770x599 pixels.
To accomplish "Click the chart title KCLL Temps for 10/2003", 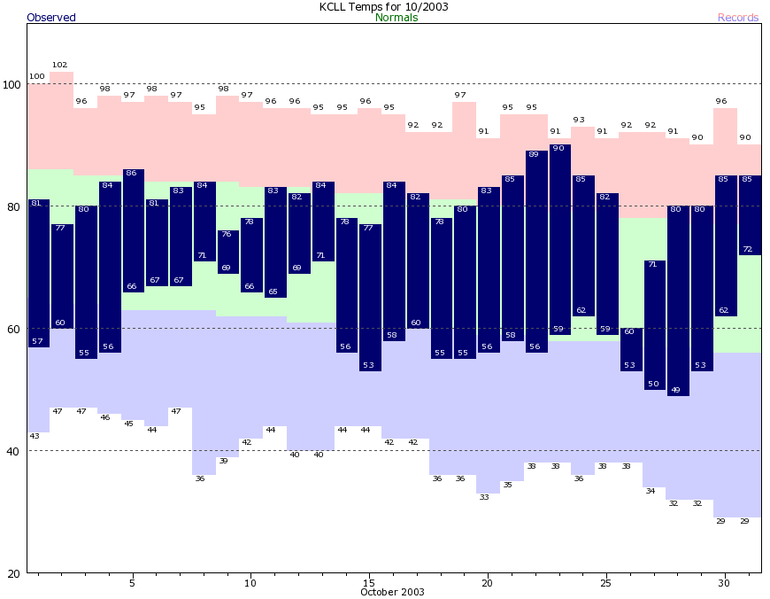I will coord(384,6).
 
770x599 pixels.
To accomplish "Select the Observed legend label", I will coord(51,18).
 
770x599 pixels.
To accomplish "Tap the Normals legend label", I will coord(397,18).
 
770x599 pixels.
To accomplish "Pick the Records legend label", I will coord(738,18).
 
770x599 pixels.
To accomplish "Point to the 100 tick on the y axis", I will coord(12,84).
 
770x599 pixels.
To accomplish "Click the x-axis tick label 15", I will coord(368,583).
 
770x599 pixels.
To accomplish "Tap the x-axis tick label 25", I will coord(605,583).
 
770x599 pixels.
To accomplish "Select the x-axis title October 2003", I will coord(392,592).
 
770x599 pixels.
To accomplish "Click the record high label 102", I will coord(60,65).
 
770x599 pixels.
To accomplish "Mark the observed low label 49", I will coord(676,390).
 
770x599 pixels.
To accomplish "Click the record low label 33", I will coord(485,497).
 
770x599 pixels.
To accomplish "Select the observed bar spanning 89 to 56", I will coord(535,252).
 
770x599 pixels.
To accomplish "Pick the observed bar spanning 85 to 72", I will coord(748,215).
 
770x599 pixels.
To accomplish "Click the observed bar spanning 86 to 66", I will coord(132,230).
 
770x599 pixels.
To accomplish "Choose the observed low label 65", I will coord(273,292).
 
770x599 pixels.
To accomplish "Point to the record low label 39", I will coord(224,461).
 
